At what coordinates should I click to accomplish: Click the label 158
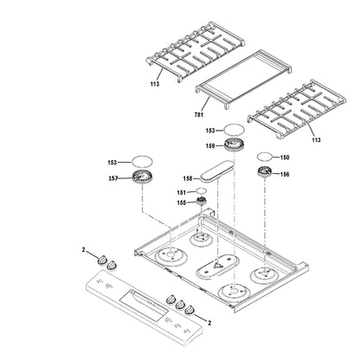pyautogui.click(x=189, y=177)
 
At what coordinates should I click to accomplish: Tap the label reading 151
pyautogui.click(x=183, y=192)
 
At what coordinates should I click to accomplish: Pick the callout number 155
pyautogui.click(x=183, y=203)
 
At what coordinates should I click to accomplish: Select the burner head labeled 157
pyautogui.click(x=139, y=178)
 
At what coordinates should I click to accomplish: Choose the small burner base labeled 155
pyautogui.click(x=202, y=203)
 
